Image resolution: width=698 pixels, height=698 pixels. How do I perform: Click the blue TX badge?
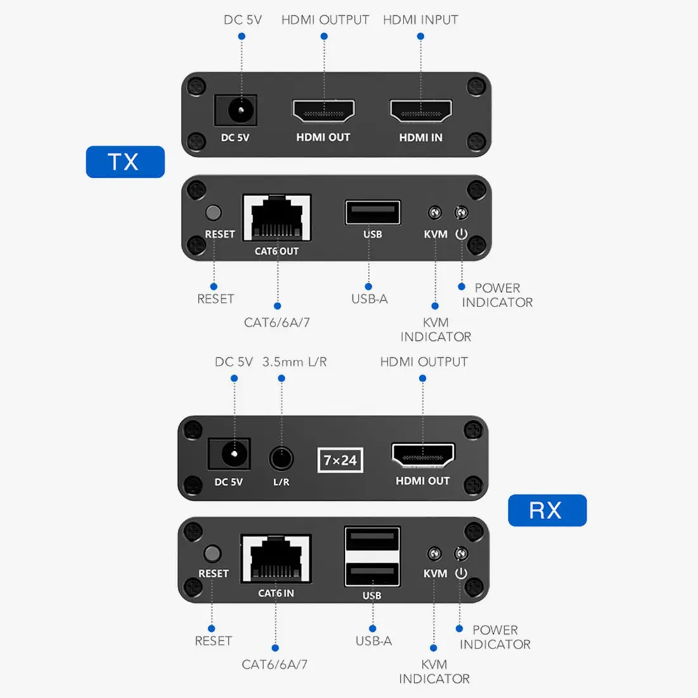pyautogui.click(x=125, y=162)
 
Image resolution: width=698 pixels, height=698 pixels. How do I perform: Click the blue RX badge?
pyautogui.click(x=547, y=510)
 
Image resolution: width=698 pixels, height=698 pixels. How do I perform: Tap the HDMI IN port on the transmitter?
pyautogui.click(x=421, y=111)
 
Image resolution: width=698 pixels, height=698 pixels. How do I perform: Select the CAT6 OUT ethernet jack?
pyautogui.click(x=277, y=218)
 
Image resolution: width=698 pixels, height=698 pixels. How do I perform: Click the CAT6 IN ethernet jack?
pyautogui.click(x=276, y=558)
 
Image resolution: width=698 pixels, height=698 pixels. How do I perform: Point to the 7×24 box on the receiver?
pyautogui.click(x=339, y=460)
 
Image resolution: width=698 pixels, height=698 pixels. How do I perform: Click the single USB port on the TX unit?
pyautogui.click(x=372, y=213)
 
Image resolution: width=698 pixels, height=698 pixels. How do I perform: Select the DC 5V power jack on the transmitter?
pyautogui.click(x=235, y=111)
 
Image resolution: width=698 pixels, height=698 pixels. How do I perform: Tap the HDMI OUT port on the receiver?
pyautogui.click(x=423, y=456)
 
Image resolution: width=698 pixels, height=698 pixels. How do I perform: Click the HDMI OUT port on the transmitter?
pyautogui.click(x=324, y=111)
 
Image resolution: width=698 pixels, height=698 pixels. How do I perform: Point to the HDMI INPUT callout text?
pyautogui.click(x=420, y=20)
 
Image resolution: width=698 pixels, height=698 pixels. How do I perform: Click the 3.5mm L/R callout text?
pyautogui.click(x=294, y=362)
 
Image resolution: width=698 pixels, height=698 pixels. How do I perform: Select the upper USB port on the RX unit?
pyautogui.click(x=372, y=539)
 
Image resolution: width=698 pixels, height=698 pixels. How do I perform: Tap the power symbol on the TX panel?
pyautogui.click(x=461, y=234)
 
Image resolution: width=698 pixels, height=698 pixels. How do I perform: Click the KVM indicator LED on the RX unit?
pyautogui.click(x=434, y=555)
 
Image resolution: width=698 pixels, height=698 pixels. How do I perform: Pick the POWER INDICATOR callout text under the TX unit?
pyautogui.click(x=497, y=295)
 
